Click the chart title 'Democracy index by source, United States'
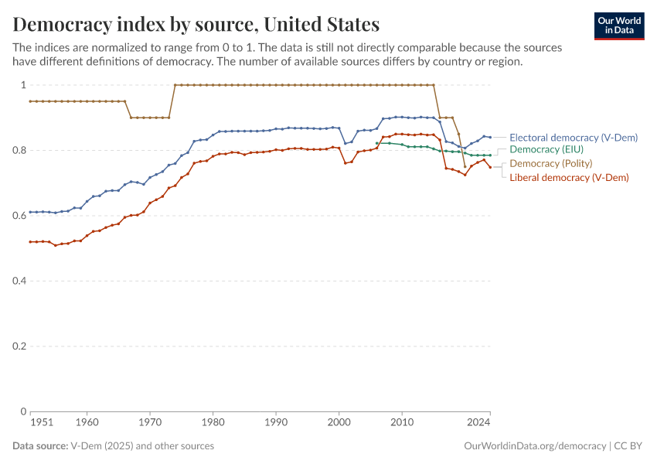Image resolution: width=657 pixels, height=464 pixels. point(196,25)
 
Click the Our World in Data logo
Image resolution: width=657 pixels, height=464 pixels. point(618,26)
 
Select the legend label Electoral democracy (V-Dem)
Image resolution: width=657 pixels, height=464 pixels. point(573,138)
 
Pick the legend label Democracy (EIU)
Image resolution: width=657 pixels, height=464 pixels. point(546,149)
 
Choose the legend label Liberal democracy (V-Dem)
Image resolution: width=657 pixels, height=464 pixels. point(569,177)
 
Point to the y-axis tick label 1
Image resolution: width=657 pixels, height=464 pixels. point(23,85)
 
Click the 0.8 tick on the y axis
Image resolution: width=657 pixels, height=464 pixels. point(20,150)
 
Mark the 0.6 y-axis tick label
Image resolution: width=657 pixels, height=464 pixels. point(20,216)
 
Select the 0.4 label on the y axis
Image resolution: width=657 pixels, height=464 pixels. point(20,281)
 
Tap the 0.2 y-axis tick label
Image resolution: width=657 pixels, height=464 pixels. point(20,346)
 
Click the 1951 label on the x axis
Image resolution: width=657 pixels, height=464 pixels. point(42,423)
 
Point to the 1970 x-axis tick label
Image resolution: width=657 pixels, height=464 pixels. point(150,423)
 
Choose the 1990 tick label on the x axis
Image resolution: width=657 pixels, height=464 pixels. point(276,423)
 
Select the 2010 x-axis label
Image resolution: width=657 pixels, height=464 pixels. point(401,423)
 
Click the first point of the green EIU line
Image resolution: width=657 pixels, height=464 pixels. point(376,143)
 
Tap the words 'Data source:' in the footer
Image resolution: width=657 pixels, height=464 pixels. point(40,446)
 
